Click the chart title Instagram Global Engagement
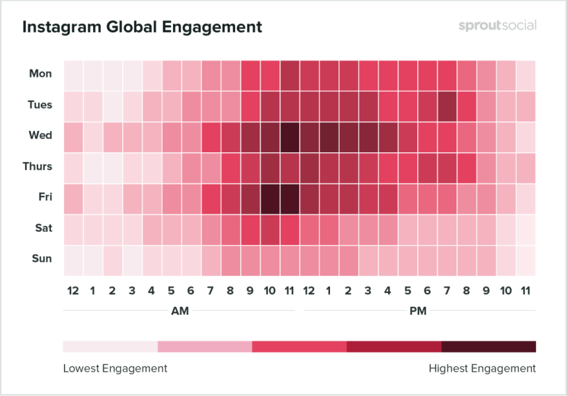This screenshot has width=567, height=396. click(x=142, y=27)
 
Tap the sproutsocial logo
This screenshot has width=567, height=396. click(x=497, y=26)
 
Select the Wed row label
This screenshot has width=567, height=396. click(x=41, y=135)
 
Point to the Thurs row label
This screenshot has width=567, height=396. click(x=37, y=166)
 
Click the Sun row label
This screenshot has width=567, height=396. click(x=41, y=259)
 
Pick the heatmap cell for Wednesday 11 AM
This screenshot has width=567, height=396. click(x=290, y=135)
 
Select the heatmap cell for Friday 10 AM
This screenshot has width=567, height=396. click(x=270, y=197)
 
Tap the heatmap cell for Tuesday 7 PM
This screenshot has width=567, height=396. click(x=447, y=104)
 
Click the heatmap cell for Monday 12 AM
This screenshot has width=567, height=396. click(x=73, y=74)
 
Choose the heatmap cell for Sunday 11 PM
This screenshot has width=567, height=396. click(x=526, y=259)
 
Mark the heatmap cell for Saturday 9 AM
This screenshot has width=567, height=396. click(x=251, y=228)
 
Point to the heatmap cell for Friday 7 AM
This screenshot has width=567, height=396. click(x=211, y=197)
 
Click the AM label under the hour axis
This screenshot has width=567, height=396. click(x=180, y=311)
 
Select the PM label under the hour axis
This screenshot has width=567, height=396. click(x=418, y=311)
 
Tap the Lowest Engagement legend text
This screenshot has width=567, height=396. click(x=115, y=368)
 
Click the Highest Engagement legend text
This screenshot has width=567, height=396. click(x=482, y=368)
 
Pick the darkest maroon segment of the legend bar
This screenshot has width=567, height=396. click(x=489, y=346)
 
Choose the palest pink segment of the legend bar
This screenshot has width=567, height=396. click(x=110, y=346)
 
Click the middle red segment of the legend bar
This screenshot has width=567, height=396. click(x=299, y=346)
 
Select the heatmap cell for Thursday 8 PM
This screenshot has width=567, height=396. click(x=467, y=166)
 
